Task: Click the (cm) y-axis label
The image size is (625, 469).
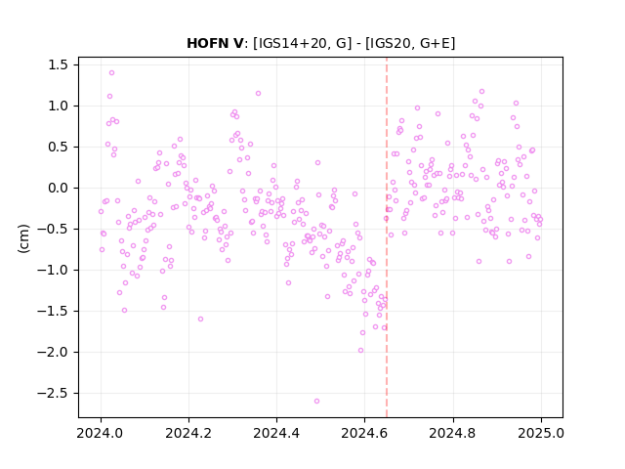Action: click(x=23, y=238)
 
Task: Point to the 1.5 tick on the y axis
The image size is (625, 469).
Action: click(x=58, y=65)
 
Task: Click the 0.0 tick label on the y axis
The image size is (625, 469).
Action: click(x=58, y=188)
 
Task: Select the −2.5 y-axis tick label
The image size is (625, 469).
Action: click(x=53, y=393)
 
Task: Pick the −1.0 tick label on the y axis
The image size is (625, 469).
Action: click(x=53, y=270)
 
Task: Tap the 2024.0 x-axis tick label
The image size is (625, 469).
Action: click(x=101, y=433)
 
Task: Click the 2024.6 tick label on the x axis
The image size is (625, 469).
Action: click(x=364, y=433)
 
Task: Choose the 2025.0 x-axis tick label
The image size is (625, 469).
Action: click(x=541, y=433)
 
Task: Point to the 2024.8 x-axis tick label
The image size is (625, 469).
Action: click(x=453, y=433)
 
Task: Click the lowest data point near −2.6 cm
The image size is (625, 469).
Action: click(x=316, y=402)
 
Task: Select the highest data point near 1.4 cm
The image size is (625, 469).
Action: click(x=111, y=73)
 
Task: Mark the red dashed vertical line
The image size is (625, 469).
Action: click(x=387, y=237)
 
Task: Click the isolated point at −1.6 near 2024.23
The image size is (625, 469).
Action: click(x=200, y=320)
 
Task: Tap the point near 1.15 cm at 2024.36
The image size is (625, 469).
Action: click(x=258, y=94)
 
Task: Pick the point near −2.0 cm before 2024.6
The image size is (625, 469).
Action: click(x=360, y=351)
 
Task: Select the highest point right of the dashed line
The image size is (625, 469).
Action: click(x=481, y=92)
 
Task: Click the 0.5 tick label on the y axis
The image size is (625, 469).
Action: click(x=58, y=148)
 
